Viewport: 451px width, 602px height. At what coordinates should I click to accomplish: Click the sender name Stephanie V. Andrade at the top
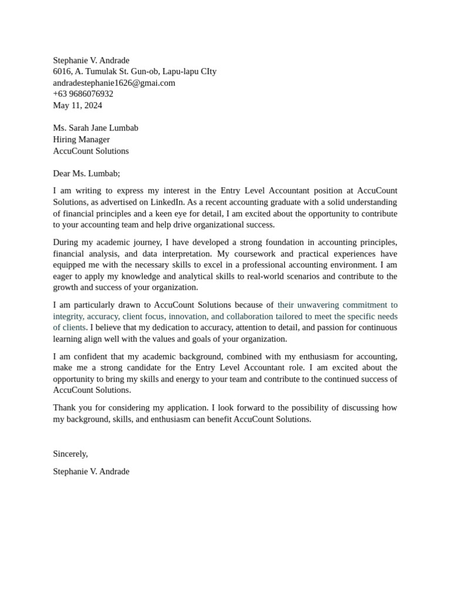point(91,60)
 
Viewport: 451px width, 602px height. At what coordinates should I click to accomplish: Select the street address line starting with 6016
point(134,71)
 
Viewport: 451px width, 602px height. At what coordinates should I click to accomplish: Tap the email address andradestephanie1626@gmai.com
point(114,83)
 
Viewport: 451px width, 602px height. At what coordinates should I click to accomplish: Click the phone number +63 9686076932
point(83,94)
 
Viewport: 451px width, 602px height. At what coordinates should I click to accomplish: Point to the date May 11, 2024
point(78,105)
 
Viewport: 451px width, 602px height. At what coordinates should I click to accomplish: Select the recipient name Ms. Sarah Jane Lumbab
point(96,128)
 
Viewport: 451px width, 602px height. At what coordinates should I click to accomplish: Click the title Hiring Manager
point(81,139)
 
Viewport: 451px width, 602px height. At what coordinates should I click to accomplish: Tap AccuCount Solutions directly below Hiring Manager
point(90,150)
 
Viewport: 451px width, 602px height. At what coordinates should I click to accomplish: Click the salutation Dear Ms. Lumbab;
point(86,173)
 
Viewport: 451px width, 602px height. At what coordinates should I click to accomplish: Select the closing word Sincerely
point(70,454)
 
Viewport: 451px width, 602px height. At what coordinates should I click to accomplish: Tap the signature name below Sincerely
point(91,471)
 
